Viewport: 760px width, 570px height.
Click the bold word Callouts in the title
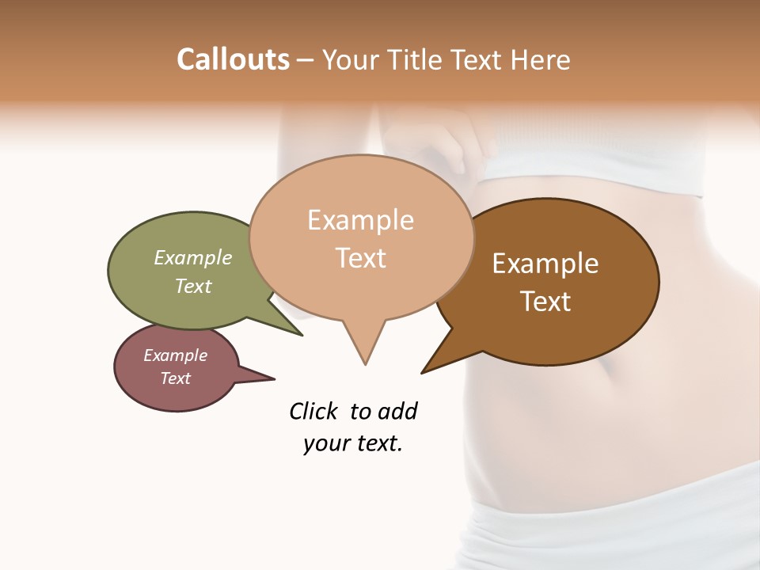pos(233,59)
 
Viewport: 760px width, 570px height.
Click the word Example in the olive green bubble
pos(193,258)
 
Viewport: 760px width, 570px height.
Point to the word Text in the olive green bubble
pos(193,286)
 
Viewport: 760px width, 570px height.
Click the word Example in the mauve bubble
pos(176,355)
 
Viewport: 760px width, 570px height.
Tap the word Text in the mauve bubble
pos(176,378)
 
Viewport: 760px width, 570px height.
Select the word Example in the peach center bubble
pos(360,220)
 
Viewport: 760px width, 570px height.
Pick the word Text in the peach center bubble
pos(360,258)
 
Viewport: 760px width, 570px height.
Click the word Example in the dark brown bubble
pos(545,264)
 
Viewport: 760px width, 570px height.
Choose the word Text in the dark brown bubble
pos(545,302)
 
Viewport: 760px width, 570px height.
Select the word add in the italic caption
pos(397,411)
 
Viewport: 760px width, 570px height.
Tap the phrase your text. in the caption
pos(353,443)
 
